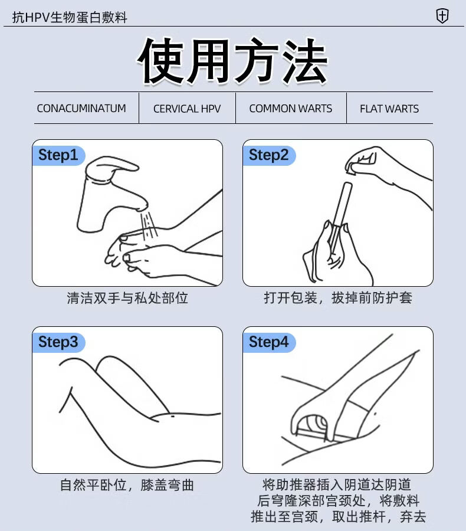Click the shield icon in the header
point(442,15)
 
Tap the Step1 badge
point(58,155)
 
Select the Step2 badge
point(269,155)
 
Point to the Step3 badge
point(58,342)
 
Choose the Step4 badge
point(269,342)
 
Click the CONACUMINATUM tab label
point(81,109)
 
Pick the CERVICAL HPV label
point(187,109)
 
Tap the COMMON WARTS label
point(291,109)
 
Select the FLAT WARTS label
point(389,109)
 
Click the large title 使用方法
point(232,61)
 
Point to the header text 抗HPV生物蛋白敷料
point(70,17)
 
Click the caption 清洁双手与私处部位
point(127,298)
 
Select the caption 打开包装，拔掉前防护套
point(338,298)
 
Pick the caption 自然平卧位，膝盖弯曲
point(127,485)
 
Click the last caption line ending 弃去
point(338,517)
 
